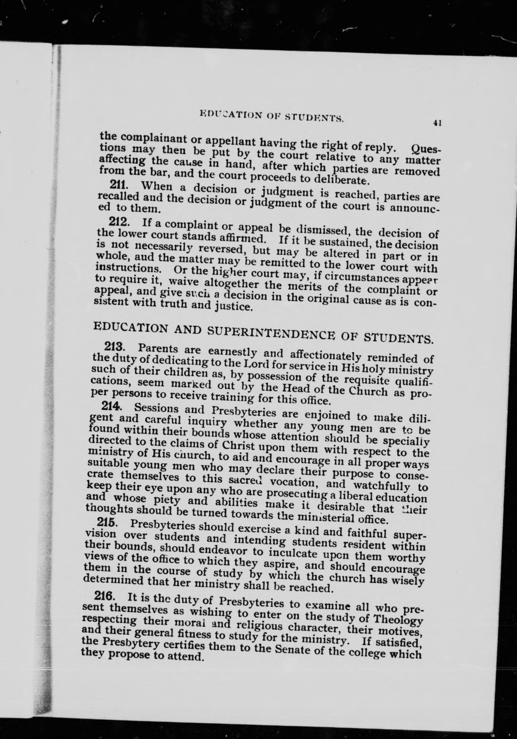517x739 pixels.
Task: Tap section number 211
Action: (x=119, y=184)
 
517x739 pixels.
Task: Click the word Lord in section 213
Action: (x=256, y=364)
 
